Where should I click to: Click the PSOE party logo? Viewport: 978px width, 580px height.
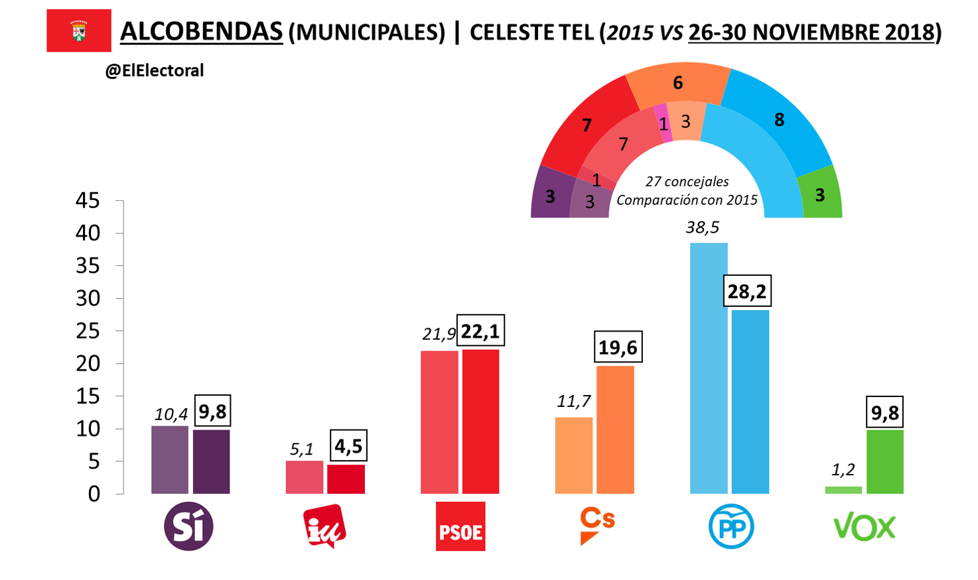tap(460, 527)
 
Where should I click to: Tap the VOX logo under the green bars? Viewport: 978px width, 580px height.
tap(865, 528)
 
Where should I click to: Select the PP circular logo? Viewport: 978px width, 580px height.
tap(731, 527)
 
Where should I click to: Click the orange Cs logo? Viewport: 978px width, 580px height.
tap(596, 526)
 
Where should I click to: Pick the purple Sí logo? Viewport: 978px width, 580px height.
tap(189, 526)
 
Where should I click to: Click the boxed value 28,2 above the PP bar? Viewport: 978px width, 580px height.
tap(746, 291)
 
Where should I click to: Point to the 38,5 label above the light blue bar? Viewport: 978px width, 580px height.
tap(702, 228)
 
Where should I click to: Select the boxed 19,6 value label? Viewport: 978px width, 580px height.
tap(618, 347)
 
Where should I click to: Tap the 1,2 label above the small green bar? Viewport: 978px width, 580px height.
tap(843, 470)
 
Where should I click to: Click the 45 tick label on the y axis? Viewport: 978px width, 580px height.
tap(88, 200)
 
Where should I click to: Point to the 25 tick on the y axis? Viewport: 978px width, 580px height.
tap(88, 331)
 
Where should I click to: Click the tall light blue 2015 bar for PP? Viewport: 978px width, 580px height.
tap(709, 368)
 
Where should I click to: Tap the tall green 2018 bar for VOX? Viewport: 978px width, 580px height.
tap(885, 461)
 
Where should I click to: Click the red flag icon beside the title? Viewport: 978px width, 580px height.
tap(79, 30)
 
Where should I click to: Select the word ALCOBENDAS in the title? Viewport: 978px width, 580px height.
tap(201, 31)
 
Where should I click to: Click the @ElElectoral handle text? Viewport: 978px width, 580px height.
tap(154, 71)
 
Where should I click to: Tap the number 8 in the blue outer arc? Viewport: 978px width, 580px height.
tap(779, 120)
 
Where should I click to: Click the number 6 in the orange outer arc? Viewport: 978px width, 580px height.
tap(677, 83)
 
